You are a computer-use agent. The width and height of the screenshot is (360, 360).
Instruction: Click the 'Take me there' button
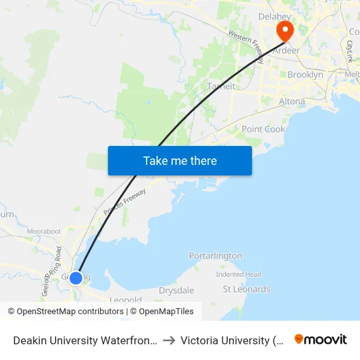click(180, 160)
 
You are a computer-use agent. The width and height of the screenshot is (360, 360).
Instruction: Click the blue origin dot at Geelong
click(76, 278)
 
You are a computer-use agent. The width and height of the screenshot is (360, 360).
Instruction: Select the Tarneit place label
click(221, 86)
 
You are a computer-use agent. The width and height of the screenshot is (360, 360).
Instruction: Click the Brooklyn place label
click(305, 75)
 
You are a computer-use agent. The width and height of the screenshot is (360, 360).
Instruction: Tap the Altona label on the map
click(292, 101)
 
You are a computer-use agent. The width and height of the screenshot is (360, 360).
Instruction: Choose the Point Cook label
click(263, 130)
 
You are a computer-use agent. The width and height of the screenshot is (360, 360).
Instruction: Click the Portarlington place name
click(215, 256)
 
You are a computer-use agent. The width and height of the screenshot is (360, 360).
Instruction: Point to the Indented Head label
click(239, 274)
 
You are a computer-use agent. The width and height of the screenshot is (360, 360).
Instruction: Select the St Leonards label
click(246, 289)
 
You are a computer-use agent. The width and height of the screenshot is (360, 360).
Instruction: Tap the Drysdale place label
click(176, 290)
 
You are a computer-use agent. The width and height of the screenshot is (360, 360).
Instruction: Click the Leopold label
click(126, 300)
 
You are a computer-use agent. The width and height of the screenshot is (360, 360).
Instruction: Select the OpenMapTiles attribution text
click(166, 312)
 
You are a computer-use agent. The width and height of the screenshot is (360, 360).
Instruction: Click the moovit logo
click(320, 340)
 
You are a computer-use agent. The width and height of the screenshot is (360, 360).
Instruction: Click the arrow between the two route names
click(168, 340)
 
